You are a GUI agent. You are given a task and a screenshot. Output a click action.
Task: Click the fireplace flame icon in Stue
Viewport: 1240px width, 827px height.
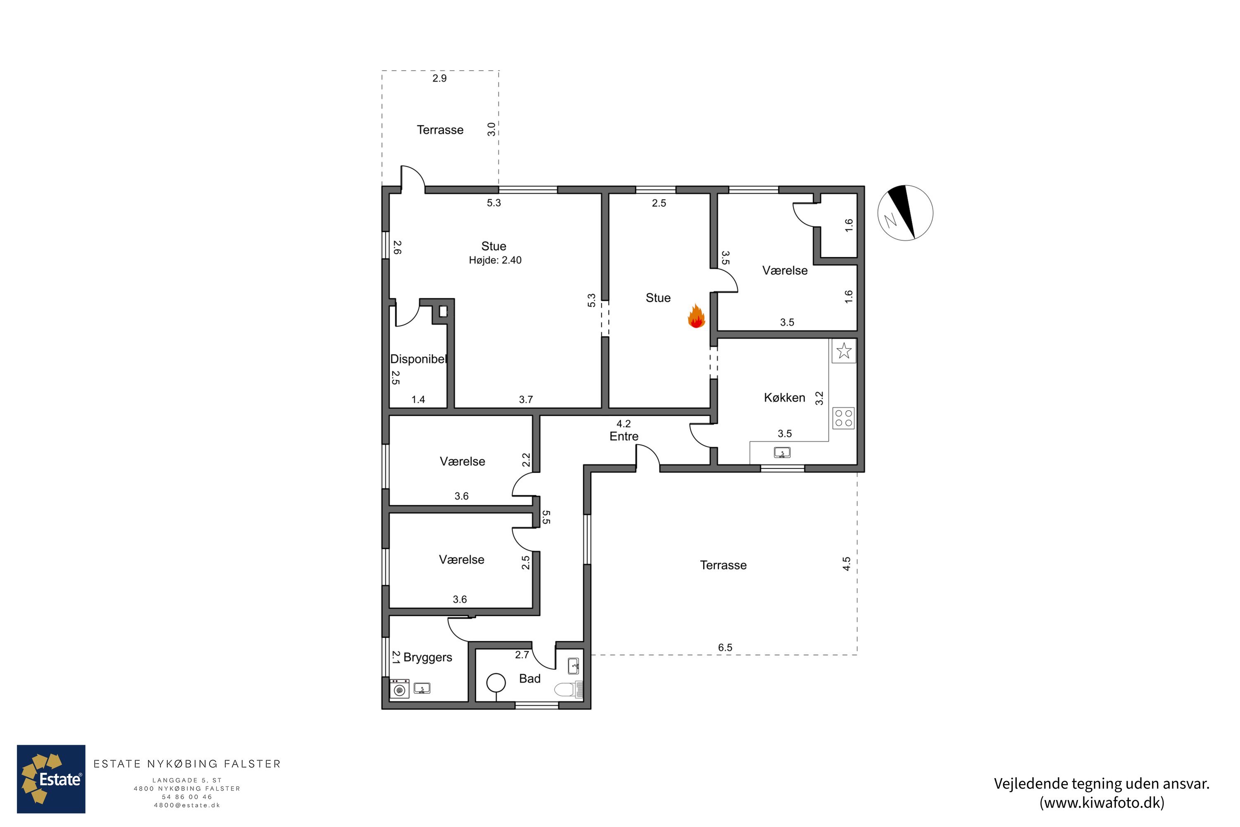pos(696,316)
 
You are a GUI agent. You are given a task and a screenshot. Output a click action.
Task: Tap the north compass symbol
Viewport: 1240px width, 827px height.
pos(905,213)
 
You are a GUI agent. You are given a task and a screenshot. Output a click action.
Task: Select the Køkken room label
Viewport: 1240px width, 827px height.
pos(785,398)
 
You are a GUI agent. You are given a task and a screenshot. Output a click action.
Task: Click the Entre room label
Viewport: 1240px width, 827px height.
pos(624,436)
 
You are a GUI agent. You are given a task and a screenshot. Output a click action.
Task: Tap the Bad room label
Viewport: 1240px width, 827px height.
pos(530,679)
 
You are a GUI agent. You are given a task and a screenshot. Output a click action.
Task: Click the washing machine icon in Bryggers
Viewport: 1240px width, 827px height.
pos(399,689)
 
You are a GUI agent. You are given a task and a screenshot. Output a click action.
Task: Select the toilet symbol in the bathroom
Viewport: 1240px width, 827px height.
pos(568,689)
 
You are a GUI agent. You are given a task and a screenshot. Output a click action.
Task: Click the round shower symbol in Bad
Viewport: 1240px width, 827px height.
pos(496,683)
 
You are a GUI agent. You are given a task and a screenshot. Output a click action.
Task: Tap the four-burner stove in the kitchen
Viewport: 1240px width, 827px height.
pos(844,418)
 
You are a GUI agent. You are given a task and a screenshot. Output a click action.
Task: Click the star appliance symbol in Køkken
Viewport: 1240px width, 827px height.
pos(844,351)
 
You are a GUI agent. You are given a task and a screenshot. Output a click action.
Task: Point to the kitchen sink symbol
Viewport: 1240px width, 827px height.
pos(782,452)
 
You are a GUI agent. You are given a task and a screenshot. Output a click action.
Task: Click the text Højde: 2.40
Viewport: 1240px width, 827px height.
pos(495,260)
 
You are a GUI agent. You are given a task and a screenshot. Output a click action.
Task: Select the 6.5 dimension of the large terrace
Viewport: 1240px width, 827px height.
pos(725,647)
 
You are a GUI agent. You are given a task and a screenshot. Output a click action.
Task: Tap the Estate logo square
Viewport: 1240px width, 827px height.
pos(51,779)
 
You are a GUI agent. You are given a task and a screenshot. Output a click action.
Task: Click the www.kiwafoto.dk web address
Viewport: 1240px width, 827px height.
pos(1102,803)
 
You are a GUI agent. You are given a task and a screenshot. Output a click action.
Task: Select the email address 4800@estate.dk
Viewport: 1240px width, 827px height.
pos(187,805)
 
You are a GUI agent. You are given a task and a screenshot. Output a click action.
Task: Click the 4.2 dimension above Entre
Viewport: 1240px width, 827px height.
pos(624,423)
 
